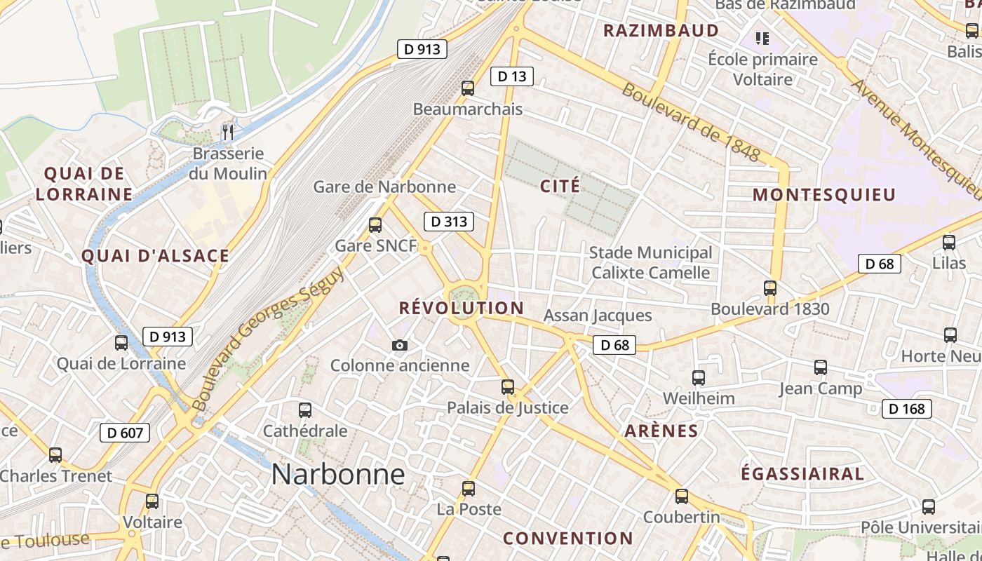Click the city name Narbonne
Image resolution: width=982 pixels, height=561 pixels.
point(338,475)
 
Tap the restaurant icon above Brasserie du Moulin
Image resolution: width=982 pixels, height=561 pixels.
point(227,132)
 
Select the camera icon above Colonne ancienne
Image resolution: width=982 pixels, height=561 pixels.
point(400,345)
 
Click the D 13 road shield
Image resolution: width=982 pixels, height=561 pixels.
point(511,76)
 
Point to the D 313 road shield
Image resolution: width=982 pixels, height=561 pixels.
point(449,222)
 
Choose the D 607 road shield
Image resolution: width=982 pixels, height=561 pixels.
point(126,433)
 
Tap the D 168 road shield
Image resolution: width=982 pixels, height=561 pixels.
point(906,408)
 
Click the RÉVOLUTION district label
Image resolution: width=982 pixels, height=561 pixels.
point(462,308)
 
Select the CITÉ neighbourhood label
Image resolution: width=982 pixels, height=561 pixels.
point(560,186)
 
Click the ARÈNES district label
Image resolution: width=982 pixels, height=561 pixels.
point(661,431)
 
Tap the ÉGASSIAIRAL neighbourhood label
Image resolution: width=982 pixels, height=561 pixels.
point(802,473)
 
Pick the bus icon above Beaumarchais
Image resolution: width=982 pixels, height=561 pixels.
point(468,88)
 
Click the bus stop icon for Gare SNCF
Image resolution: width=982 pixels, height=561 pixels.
point(375,225)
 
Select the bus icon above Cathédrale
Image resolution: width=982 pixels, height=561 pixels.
point(305,410)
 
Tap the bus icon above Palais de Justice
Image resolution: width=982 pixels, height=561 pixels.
point(508,386)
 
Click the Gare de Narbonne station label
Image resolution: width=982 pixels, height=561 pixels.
point(384,187)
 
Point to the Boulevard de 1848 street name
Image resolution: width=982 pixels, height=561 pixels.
point(690,123)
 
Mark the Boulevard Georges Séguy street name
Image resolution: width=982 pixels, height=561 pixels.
point(269,338)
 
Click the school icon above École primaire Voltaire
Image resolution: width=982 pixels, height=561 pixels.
point(762,38)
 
